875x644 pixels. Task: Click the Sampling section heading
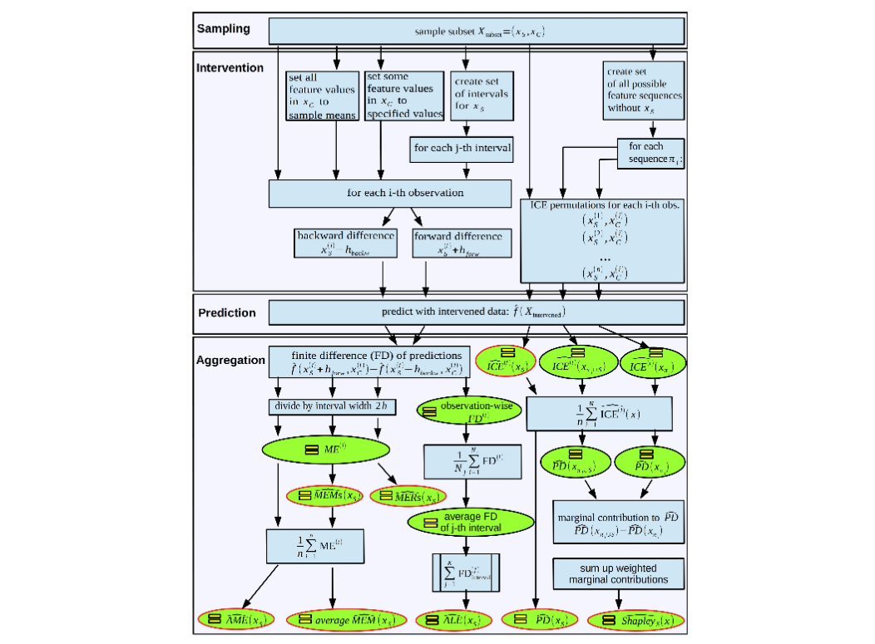[x=223, y=29]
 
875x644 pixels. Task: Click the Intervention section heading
[x=230, y=68]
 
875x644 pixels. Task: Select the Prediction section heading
[x=227, y=313]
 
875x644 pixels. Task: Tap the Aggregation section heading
[x=230, y=361]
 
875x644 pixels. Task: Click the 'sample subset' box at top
[x=477, y=32]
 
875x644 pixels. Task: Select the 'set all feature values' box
[x=322, y=96]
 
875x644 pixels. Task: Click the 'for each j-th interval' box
[x=462, y=150]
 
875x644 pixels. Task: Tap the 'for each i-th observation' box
[x=389, y=194]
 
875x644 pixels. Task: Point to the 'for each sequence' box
[x=651, y=154]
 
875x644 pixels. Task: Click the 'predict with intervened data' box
[x=477, y=312]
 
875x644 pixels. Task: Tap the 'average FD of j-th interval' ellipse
[x=470, y=523]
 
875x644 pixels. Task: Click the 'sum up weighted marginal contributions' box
[x=619, y=573]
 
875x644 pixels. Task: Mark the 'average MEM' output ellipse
[x=347, y=621]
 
